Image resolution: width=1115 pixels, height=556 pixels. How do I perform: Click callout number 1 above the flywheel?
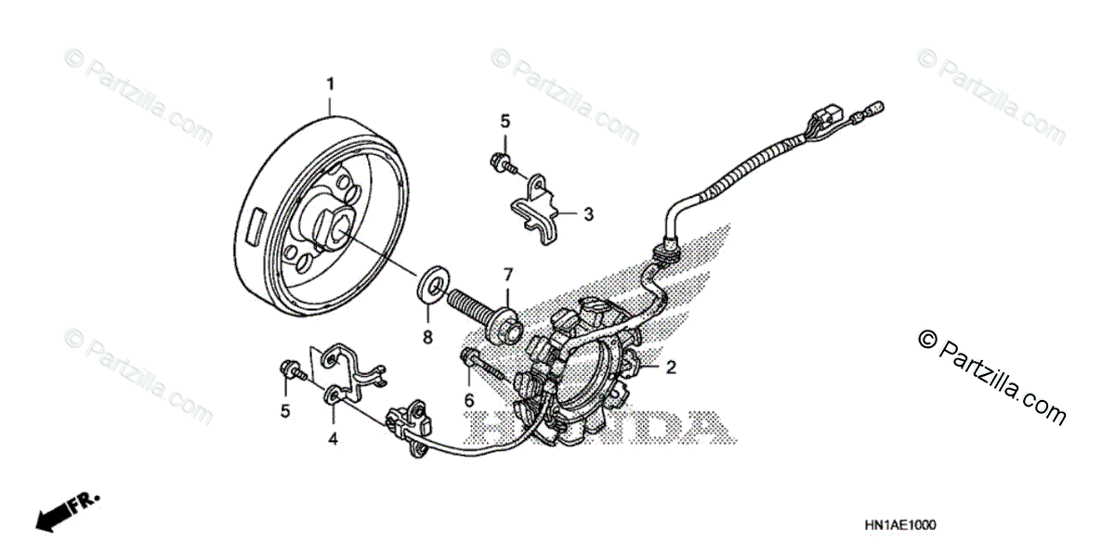coord(330,85)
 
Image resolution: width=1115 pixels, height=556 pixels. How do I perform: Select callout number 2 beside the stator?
coord(670,368)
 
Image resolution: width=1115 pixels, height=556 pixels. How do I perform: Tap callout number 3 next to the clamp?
coord(588,214)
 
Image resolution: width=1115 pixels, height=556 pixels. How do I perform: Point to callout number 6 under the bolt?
coord(469,401)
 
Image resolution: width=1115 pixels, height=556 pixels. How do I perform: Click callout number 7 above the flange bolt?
coord(508,274)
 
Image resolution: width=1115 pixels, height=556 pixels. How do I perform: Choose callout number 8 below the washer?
coord(428,339)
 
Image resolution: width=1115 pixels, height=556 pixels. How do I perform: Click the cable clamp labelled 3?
coord(538,211)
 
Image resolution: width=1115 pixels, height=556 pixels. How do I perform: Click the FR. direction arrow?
coord(66,511)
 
